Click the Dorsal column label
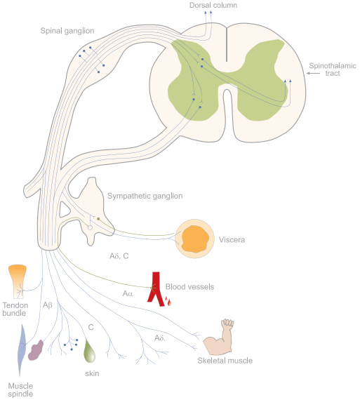coord(213,5)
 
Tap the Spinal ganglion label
coord(67,31)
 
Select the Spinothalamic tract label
coord(333,69)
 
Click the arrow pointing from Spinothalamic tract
coord(313,73)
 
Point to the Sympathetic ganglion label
coord(145,196)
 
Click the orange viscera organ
coord(195,239)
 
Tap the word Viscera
coord(232,240)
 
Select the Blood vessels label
coord(189,287)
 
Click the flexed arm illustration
coord(219,338)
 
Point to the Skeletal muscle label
coord(225,361)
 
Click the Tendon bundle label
coord(15,309)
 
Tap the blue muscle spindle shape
coord(22,350)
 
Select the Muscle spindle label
coord(20,389)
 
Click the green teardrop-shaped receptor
coord(90,352)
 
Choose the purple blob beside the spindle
coord(36,350)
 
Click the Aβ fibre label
coord(48,305)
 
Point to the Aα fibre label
coord(128,293)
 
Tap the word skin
coord(92,373)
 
